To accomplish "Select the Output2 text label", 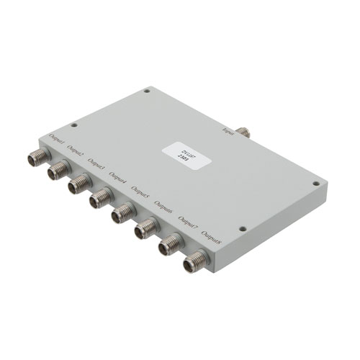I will pos(77,150).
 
